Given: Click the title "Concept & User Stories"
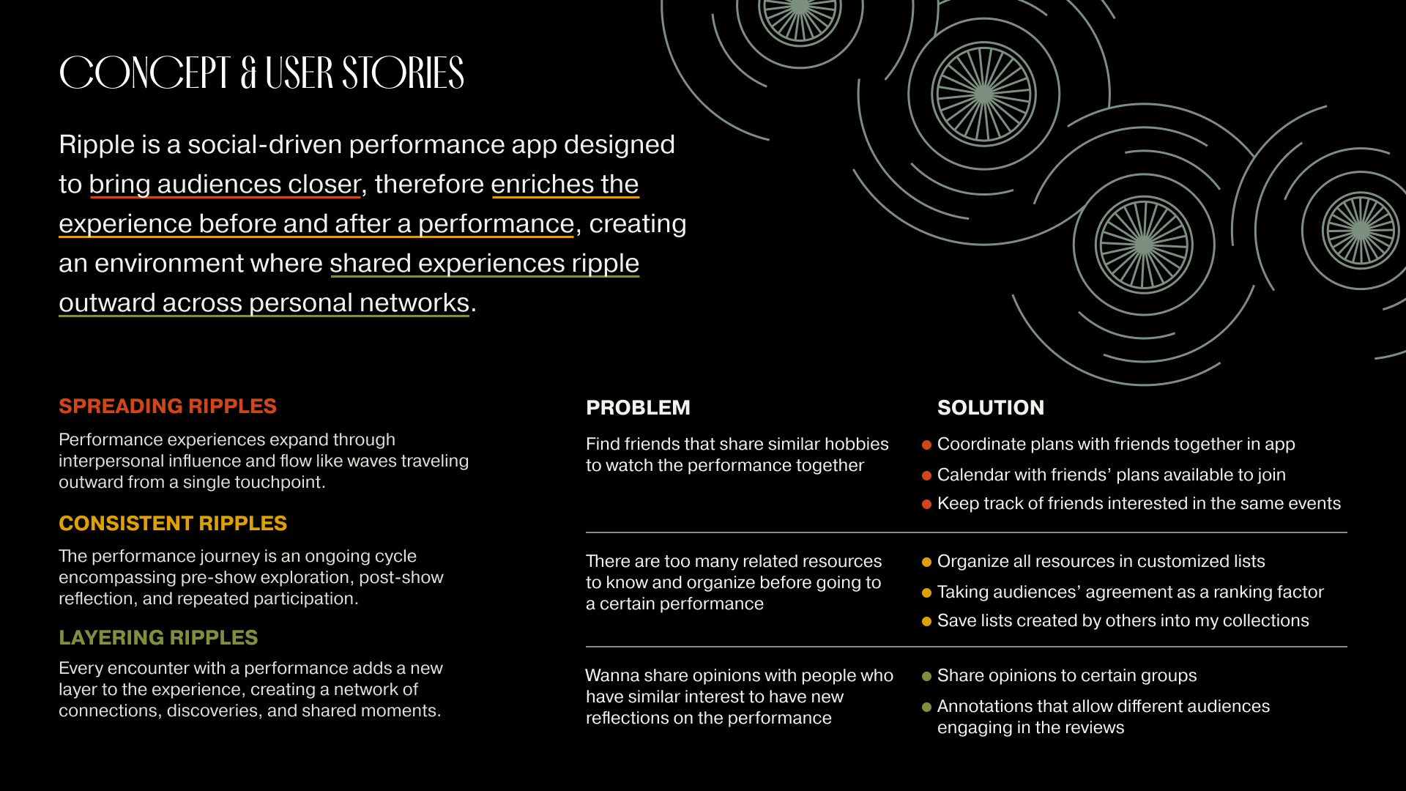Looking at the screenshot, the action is (261, 73).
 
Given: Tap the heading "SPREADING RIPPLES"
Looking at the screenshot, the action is (168, 406).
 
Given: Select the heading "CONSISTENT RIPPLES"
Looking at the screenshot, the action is (173, 524).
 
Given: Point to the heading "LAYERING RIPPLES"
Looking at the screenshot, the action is (158, 638).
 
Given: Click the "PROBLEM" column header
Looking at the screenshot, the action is (638, 408).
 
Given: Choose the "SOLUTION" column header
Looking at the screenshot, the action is (991, 408).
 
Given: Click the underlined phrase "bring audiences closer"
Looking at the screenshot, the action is (225, 185).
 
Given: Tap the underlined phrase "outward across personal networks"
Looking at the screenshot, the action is (264, 303).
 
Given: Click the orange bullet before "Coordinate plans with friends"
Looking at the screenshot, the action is (926, 445).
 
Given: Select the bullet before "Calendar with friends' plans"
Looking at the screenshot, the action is (926, 475).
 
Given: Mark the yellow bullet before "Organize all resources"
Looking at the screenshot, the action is (926, 562).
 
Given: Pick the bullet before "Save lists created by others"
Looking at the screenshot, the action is (926, 621).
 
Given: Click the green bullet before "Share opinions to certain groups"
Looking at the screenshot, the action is (926, 676).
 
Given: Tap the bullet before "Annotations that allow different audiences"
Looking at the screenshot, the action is (926, 707).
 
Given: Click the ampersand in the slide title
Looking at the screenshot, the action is (248, 73).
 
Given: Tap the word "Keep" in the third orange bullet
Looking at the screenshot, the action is (953, 504).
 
